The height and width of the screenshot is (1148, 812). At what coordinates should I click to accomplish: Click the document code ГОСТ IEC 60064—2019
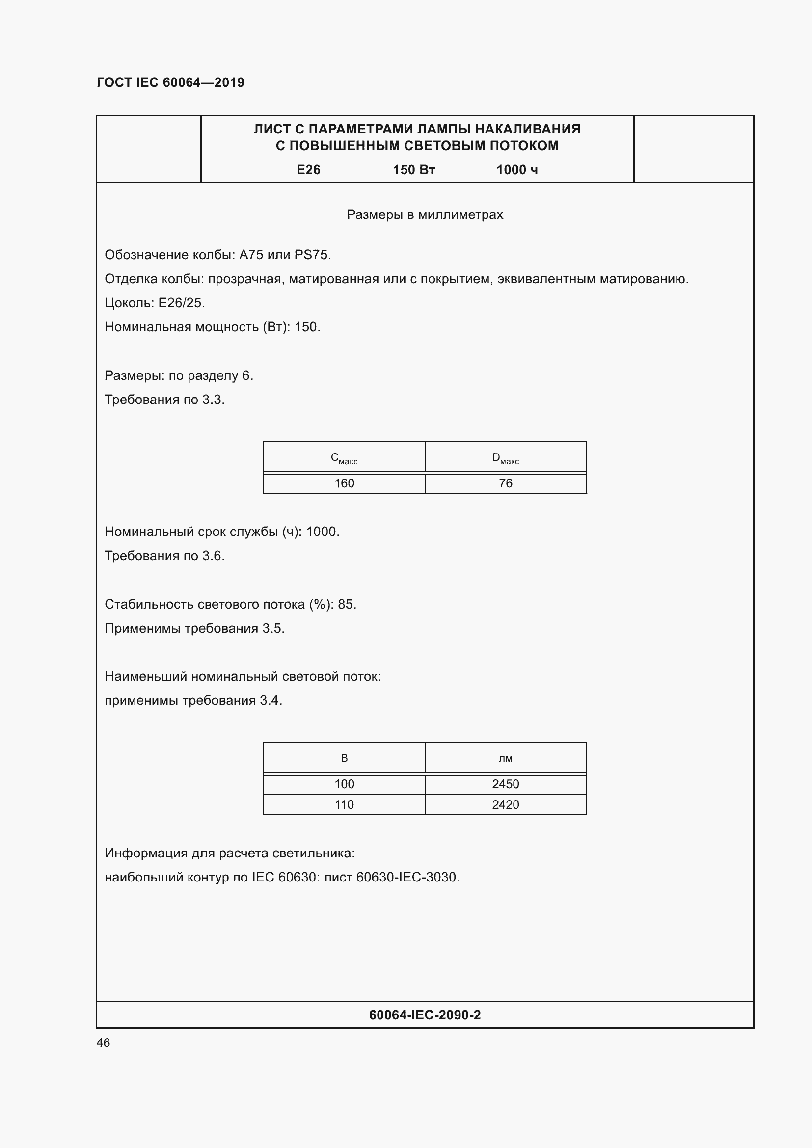pos(170,82)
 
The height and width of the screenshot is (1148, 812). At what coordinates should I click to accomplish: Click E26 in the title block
pos(308,170)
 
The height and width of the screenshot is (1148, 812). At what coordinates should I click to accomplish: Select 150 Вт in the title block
pos(413,170)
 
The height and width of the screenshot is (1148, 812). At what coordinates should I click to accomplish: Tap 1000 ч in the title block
pos(516,170)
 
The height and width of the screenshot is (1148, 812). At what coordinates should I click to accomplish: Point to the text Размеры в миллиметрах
pos(425,214)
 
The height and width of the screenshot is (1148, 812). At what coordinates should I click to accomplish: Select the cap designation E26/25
pos(181,303)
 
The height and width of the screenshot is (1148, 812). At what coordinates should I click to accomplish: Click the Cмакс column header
pos(344,458)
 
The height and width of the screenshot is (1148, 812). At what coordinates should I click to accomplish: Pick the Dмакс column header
pos(506,458)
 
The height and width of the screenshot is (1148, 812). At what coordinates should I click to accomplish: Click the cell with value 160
pos(344,483)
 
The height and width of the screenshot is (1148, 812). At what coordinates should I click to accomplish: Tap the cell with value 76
pos(506,483)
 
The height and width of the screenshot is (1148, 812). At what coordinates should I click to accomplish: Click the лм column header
pos(506,758)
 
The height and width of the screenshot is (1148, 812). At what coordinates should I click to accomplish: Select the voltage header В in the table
pos(344,758)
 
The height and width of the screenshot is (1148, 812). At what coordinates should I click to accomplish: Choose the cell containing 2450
pos(506,784)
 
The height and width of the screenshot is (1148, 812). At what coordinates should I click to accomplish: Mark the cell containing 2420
pos(506,804)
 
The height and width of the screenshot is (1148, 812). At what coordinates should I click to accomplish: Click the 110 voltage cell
pos(344,804)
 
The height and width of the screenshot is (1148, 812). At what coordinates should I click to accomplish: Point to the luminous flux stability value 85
pos(346,605)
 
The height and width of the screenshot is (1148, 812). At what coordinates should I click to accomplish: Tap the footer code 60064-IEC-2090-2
pos(425,1015)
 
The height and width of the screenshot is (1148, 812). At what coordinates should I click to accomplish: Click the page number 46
pos(103,1042)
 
